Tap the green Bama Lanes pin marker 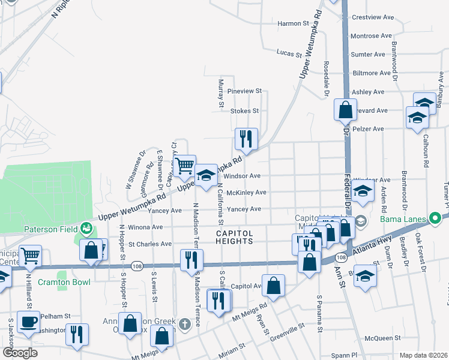tap(446, 218)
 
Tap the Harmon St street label tap(293, 24)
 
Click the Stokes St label tap(244, 111)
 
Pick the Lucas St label tap(289, 53)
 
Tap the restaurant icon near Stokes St tap(246, 139)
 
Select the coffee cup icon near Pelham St tap(28, 321)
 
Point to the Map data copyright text tap(423, 355)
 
